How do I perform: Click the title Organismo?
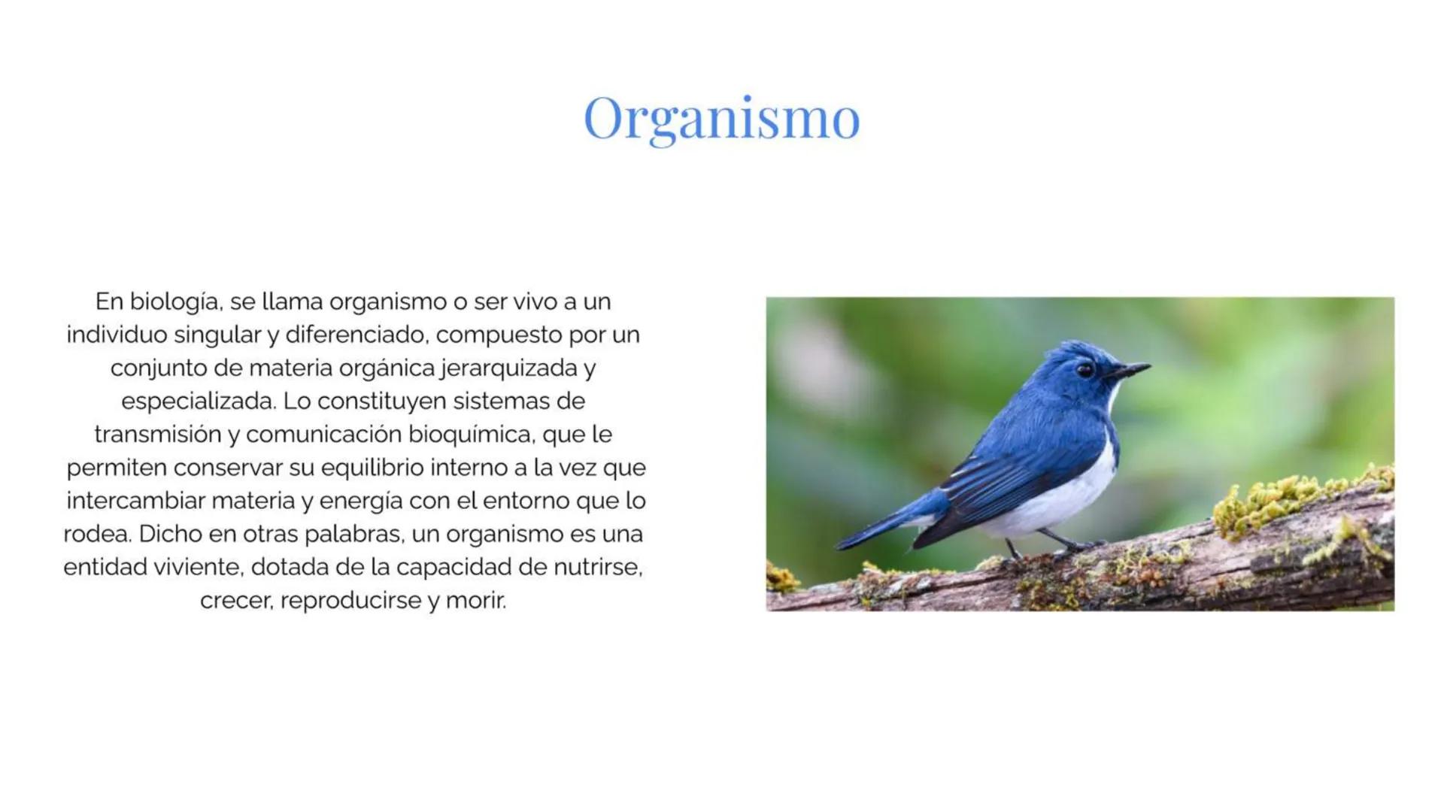coord(721,118)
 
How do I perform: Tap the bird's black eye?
coord(1084,370)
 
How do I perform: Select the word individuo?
coord(117,335)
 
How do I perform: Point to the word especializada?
coord(198,401)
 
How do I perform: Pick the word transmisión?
coord(157,434)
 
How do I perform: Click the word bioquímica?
coord(470,434)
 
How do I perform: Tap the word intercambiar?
coord(135,500)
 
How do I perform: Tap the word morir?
coord(476,600)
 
